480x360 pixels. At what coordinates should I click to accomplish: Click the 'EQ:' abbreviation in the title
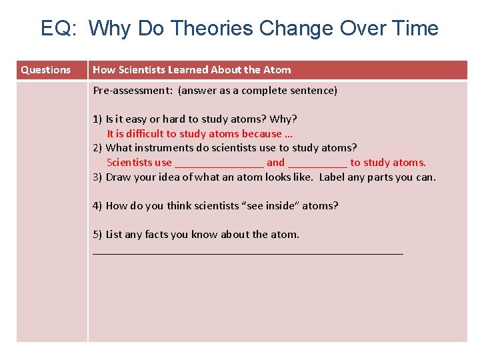61,29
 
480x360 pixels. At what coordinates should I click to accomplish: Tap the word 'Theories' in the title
211,29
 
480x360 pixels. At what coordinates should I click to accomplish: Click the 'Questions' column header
45,70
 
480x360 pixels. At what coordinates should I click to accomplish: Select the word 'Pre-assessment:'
133,91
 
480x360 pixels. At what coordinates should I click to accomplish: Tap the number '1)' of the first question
97,119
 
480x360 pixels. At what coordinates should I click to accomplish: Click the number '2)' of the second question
97,148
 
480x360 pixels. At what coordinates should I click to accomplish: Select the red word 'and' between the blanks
275,163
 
